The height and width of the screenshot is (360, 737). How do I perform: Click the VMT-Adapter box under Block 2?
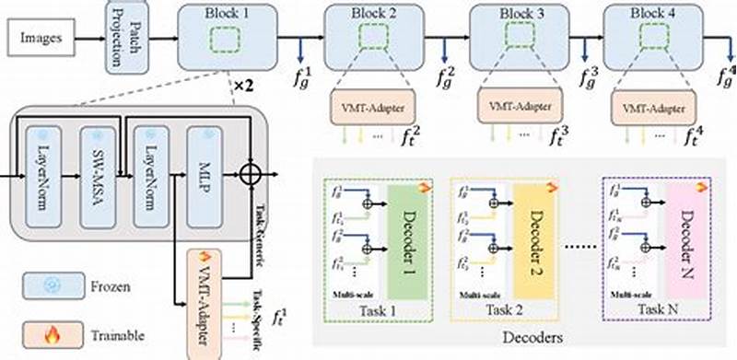(374, 109)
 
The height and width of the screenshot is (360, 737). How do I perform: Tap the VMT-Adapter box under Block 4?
(650, 109)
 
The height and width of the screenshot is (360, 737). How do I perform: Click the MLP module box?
(205, 174)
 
